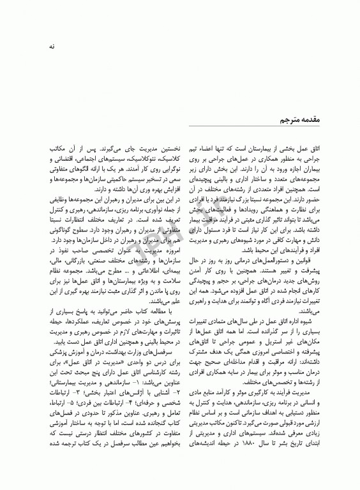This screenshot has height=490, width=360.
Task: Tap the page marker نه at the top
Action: [43, 47]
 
